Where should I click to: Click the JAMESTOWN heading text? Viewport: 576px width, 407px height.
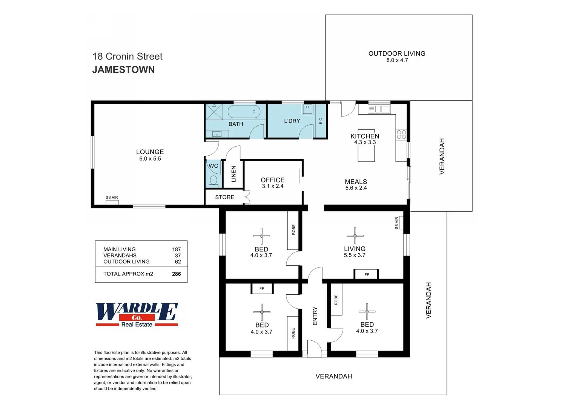[x=123, y=70]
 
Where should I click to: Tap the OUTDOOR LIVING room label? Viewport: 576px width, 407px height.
[x=397, y=54]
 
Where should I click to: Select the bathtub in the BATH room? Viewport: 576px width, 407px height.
[x=244, y=112]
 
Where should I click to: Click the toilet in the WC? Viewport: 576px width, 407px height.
[x=214, y=181]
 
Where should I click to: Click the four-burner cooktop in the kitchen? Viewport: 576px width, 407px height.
[x=401, y=135]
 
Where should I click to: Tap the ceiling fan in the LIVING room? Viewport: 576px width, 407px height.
[x=355, y=236]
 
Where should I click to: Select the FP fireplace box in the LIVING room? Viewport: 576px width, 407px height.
[x=366, y=274]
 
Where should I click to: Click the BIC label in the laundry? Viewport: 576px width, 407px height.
[x=321, y=121]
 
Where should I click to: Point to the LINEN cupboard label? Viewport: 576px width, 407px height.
[x=233, y=174]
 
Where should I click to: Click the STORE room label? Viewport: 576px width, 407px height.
[x=224, y=197]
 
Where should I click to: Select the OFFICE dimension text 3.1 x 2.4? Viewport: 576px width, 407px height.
[x=272, y=186]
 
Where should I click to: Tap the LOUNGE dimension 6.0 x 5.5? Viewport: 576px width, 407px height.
[x=150, y=159]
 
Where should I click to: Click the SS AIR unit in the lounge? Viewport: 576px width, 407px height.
[x=112, y=202]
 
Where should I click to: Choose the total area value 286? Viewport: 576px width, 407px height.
[x=176, y=274]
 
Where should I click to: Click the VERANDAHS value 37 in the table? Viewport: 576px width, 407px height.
[x=178, y=256]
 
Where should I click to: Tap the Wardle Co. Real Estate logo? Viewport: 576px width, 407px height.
[x=137, y=314]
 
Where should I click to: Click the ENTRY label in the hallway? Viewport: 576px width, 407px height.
[x=315, y=316]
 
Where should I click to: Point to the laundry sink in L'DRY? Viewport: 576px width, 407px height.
[x=307, y=109]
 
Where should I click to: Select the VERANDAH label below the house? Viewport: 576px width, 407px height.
[x=333, y=376]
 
